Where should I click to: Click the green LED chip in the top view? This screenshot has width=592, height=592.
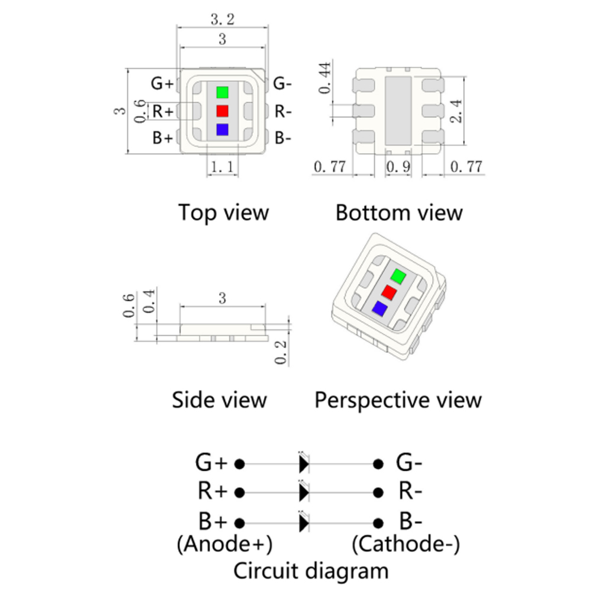pos(223,92)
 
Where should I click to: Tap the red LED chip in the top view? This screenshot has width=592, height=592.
pos(223,111)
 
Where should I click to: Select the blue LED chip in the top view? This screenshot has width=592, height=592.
pos(223,129)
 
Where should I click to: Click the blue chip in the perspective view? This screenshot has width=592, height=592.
pos(379,308)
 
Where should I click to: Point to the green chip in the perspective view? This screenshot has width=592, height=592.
pos(399,276)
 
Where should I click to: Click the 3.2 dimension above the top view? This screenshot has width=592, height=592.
pos(223,19)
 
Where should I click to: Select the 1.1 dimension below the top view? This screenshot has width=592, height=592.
pos(222,168)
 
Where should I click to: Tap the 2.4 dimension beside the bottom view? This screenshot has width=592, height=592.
pos(456,111)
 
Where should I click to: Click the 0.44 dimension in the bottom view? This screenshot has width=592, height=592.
pos(325,79)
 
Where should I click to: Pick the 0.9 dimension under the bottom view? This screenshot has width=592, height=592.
pos(398,168)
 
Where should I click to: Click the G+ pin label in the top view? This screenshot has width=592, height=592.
pos(162,83)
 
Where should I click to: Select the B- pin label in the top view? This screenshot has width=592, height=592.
pos(282,139)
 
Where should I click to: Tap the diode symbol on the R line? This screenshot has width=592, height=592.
pos(304,492)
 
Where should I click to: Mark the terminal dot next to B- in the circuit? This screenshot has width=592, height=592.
pos(378,523)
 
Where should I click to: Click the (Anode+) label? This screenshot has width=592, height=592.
pos(224,543)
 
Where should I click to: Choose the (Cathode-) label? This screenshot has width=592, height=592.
pos(406,543)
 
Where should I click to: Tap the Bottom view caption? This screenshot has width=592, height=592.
pos(399,213)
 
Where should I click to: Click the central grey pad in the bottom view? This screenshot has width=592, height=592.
pos(398,111)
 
